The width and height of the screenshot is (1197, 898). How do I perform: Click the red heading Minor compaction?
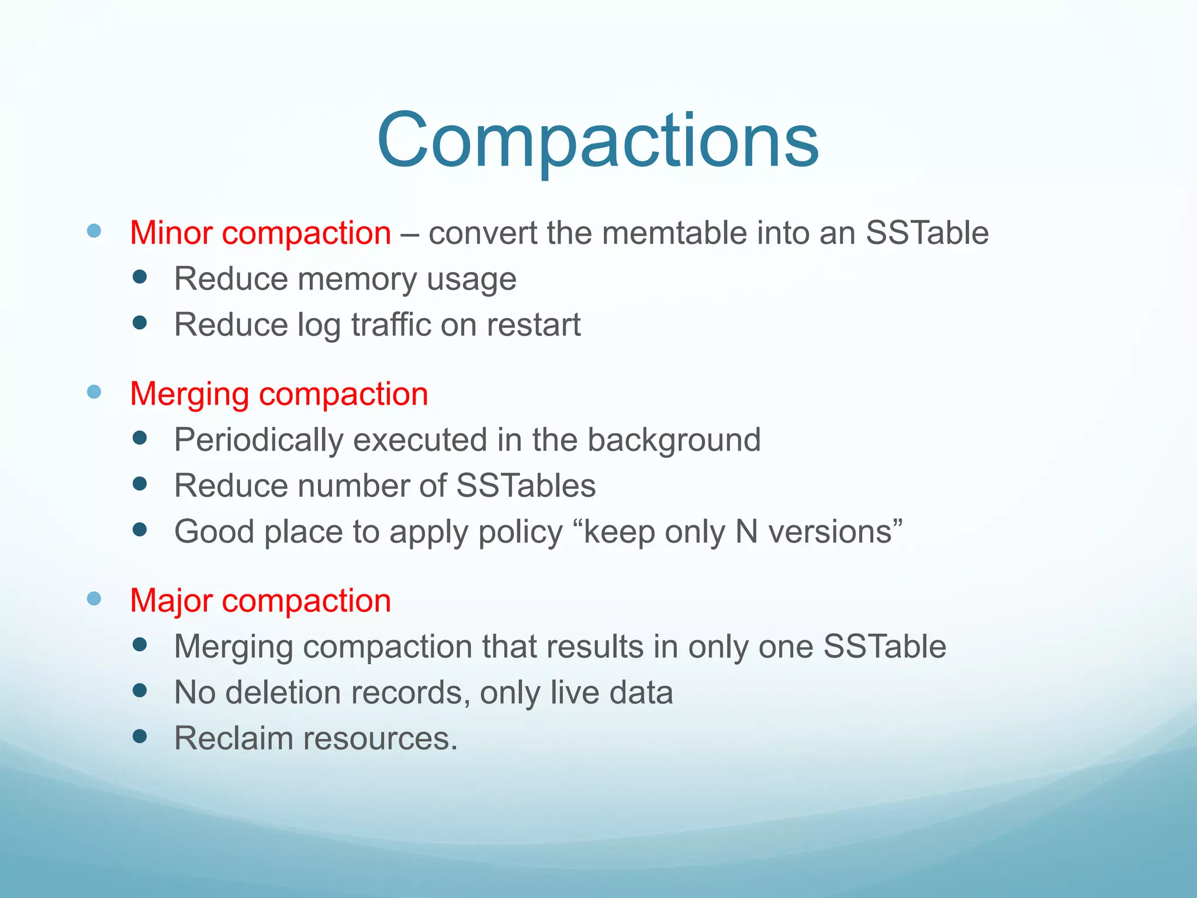pyautogui.click(x=260, y=233)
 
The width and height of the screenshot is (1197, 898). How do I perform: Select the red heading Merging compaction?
pyautogui.click(x=279, y=393)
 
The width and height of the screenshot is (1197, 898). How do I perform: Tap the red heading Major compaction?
pyautogui.click(x=260, y=600)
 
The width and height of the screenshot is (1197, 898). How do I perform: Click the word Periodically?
pyautogui.click(x=259, y=440)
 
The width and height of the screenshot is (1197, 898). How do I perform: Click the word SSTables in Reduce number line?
pyautogui.click(x=525, y=486)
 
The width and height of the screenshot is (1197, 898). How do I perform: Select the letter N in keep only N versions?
pyautogui.click(x=746, y=532)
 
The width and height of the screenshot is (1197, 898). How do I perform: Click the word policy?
pyautogui.click(x=520, y=532)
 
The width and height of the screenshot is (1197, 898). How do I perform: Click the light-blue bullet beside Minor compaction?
pyautogui.click(x=94, y=230)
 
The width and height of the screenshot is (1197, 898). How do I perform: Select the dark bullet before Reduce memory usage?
pyautogui.click(x=139, y=277)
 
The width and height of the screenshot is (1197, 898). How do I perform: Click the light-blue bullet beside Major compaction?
pyautogui.click(x=94, y=598)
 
